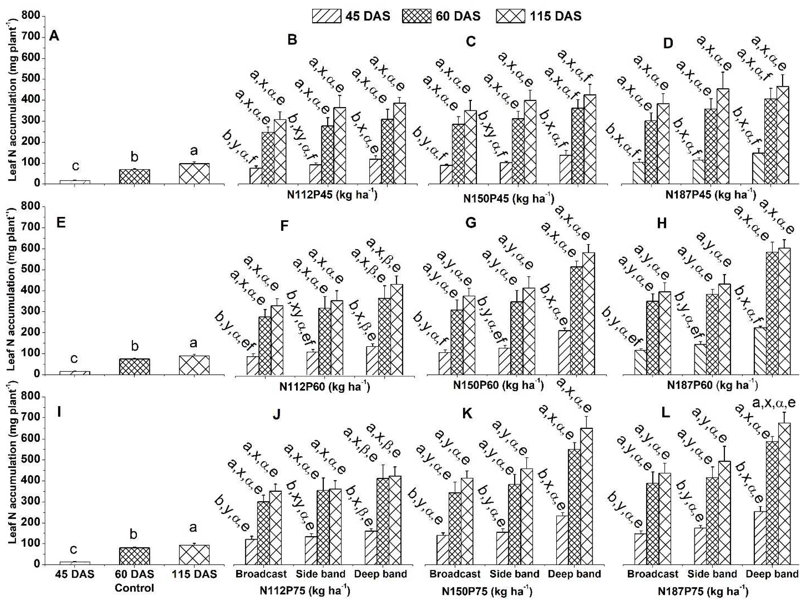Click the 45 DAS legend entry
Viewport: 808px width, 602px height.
point(351,16)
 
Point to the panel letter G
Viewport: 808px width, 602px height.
point(471,223)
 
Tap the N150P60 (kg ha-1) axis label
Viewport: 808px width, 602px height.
point(498,385)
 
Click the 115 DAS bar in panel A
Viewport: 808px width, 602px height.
point(194,173)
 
